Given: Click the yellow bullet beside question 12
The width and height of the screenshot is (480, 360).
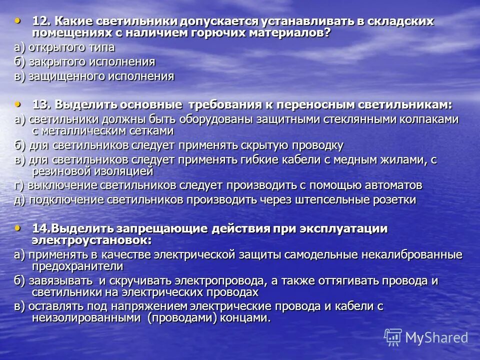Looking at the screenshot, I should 18,20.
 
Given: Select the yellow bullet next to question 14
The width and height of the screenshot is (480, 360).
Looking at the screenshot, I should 18,227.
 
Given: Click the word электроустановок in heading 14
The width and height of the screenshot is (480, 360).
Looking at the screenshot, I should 92,239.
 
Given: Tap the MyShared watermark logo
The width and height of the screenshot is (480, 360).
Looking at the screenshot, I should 426,337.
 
